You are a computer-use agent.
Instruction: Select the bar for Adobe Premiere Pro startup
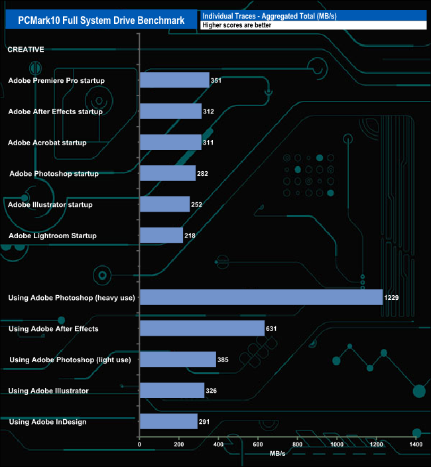coord(174,80)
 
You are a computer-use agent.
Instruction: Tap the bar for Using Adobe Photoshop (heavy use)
coord(261,297)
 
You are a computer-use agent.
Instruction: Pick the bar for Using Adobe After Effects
coord(202,328)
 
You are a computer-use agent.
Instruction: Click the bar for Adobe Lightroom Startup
coord(161,235)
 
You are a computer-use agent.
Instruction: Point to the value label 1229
coord(392,298)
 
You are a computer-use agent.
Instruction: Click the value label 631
coord(271,329)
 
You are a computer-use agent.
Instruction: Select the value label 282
coord(202,174)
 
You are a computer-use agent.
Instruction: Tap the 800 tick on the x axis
coord(297,444)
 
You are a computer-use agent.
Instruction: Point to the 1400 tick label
coord(416,444)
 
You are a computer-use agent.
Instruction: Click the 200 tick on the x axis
coord(178,444)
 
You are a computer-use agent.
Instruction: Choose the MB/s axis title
coord(278,454)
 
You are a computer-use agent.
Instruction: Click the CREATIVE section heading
coord(26,49)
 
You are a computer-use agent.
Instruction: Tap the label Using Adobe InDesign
coord(47,422)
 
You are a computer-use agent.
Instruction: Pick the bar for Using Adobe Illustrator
coord(172,391)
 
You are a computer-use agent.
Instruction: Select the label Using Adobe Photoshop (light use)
coord(70,360)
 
